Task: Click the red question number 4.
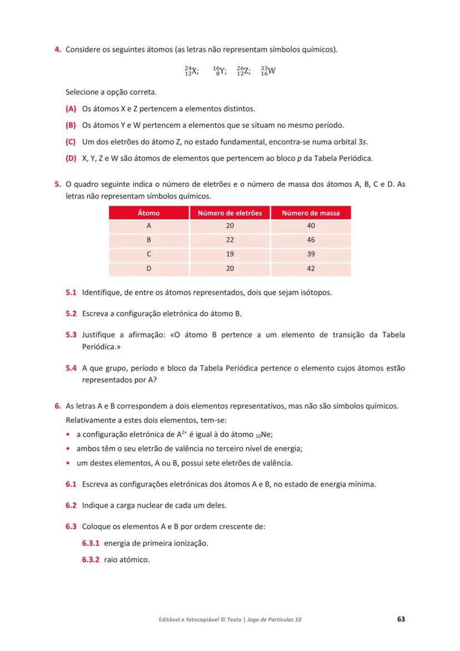pyautogui.click(x=58, y=50)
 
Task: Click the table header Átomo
pyautogui.click(x=148, y=213)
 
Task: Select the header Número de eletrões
pyautogui.click(x=230, y=213)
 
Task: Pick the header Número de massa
pyautogui.click(x=311, y=213)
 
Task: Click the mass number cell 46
pyautogui.click(x=311, y=240)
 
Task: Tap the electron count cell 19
pyautogui.click(x=230, y=254)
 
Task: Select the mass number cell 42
pyautogui.click(x=311, y=269)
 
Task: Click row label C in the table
pyautogui.click(x=148, y=254)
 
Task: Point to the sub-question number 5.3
pyautogui.click(x=71, y=335)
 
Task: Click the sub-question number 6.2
pyautogui.click(x=71, y=505)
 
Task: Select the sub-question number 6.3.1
pyautogui.click(x=91, y=543)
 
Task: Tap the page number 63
pyautogui.click(x=401, y=619)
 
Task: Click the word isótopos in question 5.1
pyautogui.click(x=315, y=292)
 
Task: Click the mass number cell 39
pyautogui.click(x=311, y=254)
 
